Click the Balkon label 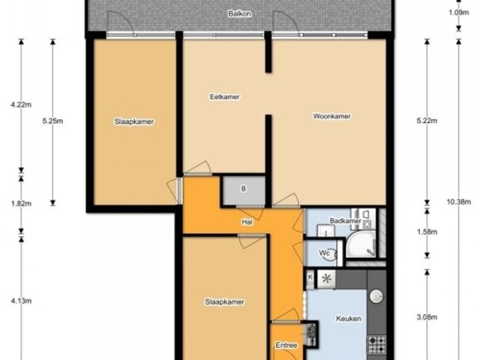(x=240, y=13)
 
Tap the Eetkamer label (x=225, y=97)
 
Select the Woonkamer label (x=331, y=116)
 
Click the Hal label (x=247, y=222)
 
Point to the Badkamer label (x=346, y=220)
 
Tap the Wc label (x=324, y=253)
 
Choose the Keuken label (x=349, y=319)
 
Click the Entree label (x=286, y=345)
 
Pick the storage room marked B (x=244, y=190)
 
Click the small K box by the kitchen (x=310, y=277)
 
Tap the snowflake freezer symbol (x=326, y=279)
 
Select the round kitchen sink (x=376, y=296)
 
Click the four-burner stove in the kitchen (x=376, y=344)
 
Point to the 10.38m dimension (x=458, y=202)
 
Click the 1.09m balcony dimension (x=458, y=13)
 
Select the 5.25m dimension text (x=52, y=121)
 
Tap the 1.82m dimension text (x=21, y=203)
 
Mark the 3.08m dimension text (x=427, y=317)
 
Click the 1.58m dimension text (x=427, y=232)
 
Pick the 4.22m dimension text (x=21, y=105)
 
